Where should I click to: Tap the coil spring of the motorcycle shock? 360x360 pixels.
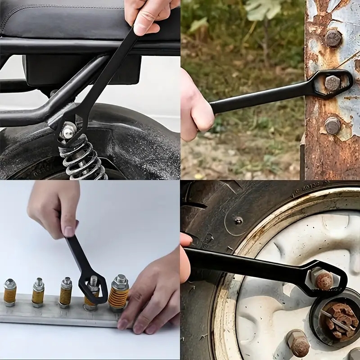(x=83, y=160)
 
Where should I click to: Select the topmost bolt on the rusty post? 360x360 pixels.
(x=333, y=39)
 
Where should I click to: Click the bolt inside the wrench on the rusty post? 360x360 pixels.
(x=332, y=83)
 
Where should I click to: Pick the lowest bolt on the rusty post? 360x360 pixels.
(x=333, y=126)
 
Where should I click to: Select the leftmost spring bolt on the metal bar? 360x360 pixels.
(x=10, y=292)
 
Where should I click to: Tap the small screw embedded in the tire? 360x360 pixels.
(x=238, y=220)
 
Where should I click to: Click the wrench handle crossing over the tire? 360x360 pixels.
(x=243, y=263)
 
